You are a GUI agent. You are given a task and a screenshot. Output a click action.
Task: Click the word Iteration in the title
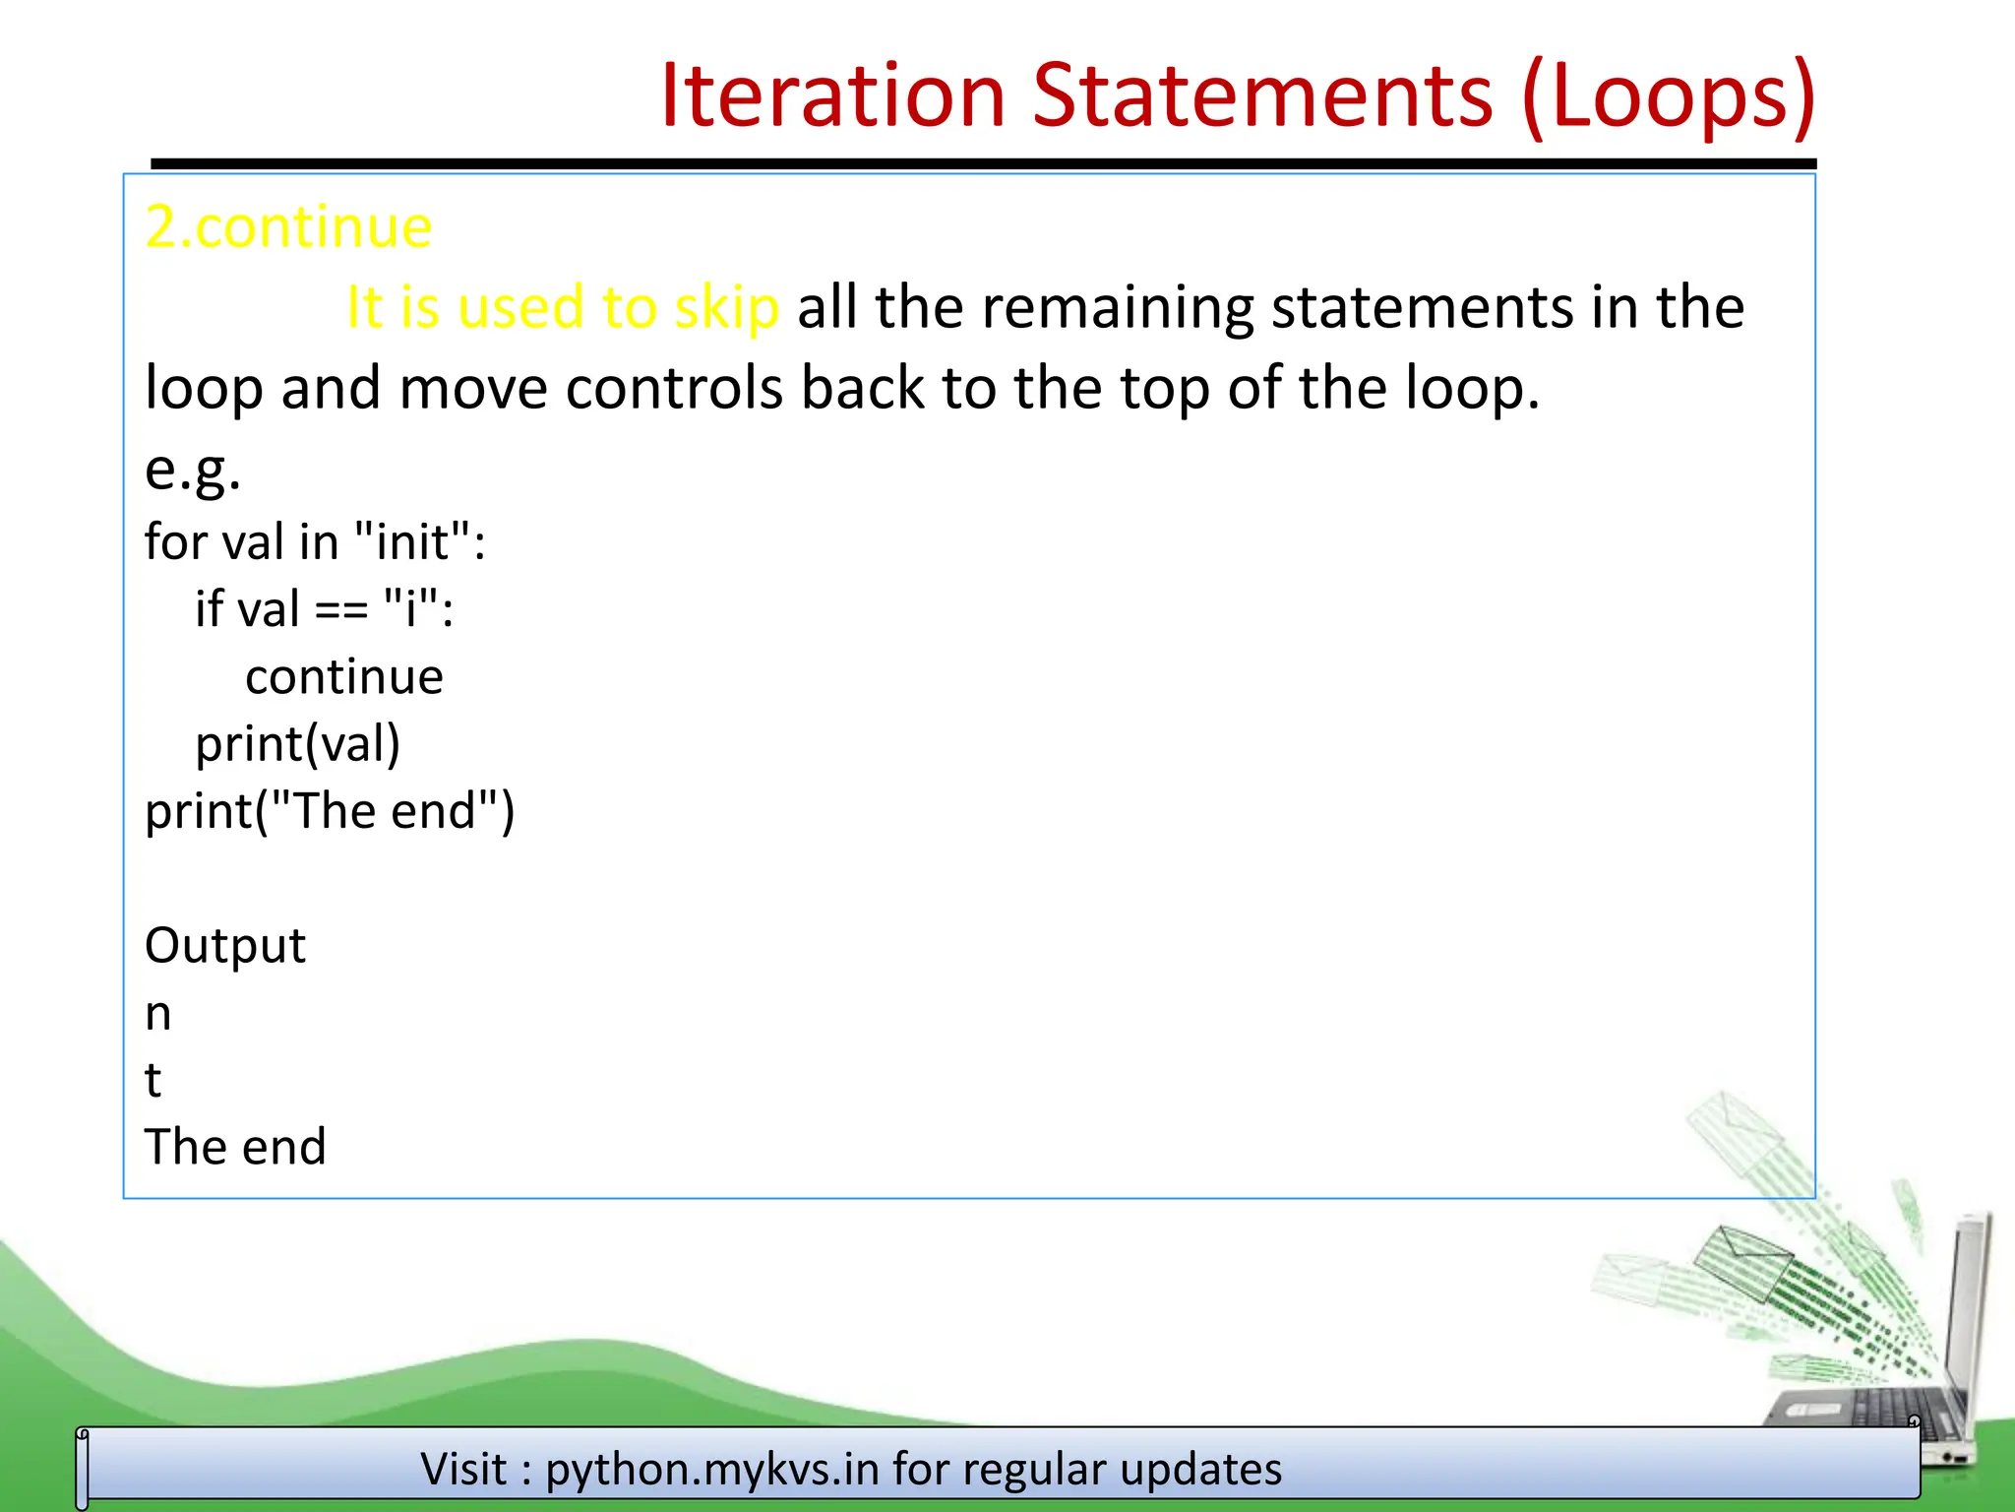point(832,95)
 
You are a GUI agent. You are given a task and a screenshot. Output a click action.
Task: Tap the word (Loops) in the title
point(1668,97)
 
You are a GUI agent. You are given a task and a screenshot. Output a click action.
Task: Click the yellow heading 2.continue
point(288,227)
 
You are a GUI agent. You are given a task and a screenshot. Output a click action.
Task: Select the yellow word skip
point(726,308)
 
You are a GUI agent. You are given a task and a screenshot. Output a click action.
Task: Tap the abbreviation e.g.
point(193,469)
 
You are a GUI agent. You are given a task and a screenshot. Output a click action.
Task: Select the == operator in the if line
point(341,609)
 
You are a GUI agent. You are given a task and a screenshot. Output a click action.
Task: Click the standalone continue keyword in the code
point(344,677)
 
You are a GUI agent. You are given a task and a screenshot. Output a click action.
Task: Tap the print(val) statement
point(297,744)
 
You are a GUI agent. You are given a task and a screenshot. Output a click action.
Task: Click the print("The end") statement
point(330,812)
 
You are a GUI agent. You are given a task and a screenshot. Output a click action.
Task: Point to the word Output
point(225,946)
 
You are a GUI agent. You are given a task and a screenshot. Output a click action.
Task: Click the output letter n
point(158,1014)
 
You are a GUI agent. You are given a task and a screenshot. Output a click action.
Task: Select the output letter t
point(153,1081)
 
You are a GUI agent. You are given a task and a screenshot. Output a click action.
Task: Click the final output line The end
point(235,1148)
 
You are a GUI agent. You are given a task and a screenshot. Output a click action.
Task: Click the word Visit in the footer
point(463,1470)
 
